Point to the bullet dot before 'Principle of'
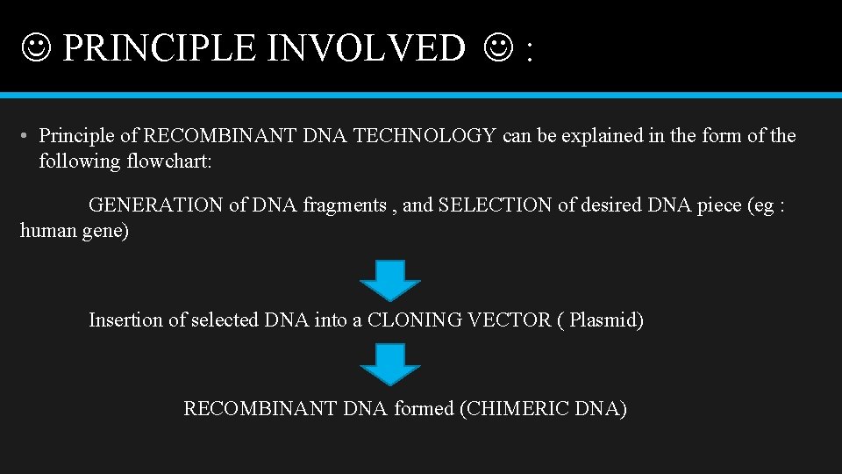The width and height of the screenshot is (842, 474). (x=26, y=136)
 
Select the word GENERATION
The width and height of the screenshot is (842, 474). (x=156, y=205)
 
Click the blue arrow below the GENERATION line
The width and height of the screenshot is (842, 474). (x=390, y=280)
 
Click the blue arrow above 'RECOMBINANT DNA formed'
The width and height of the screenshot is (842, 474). (x=390, y=363)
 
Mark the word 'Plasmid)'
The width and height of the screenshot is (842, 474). (x=606, y=320)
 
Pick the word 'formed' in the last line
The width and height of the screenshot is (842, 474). (x=424, y=408)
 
